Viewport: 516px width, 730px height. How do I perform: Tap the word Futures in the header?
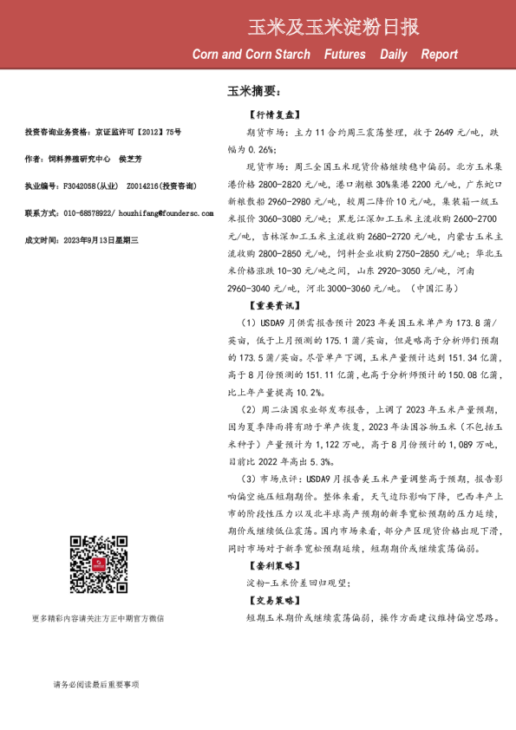click(x=344, y=55)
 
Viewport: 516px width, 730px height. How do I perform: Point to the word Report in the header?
click(x=439, y=55)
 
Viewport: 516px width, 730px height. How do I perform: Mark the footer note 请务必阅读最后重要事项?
click(x=95, y=685)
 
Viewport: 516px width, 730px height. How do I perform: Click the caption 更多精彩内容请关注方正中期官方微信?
click(x=97, y=618)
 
